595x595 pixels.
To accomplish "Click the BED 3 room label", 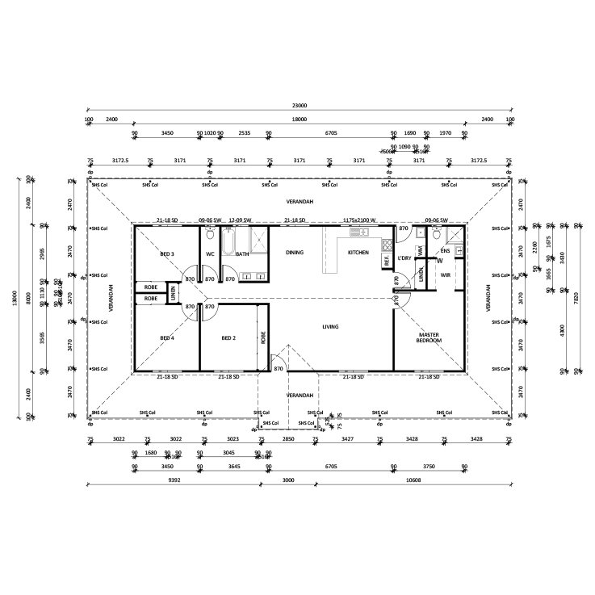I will [167, 254].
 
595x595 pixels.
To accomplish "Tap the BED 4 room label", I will [167, 337].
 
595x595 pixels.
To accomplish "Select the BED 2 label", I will [228, 337].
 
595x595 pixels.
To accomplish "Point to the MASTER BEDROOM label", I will [429, 337].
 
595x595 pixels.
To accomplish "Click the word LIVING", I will [330, 327].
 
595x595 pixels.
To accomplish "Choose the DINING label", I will [295, 253].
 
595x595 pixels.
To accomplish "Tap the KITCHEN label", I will [358, 253].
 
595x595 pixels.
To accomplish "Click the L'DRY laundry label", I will [405, 258].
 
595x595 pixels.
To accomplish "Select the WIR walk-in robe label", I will [445, 274].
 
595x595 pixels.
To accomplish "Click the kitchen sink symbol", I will [358, 233].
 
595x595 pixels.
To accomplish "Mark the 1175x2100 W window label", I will [360, 220].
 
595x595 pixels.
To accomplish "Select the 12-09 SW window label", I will [241, 220].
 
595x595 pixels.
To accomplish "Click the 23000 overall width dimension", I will [299, 106].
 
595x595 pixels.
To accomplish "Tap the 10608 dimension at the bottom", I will [412, 479].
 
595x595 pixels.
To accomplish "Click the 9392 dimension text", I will [174, 479].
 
